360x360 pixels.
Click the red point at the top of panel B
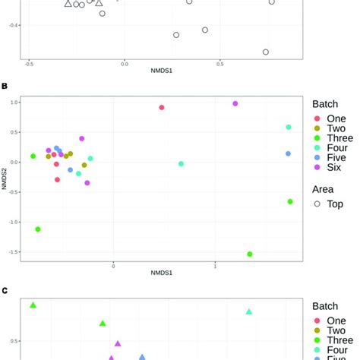pos(162,108)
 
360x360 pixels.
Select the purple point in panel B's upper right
pos(235,103)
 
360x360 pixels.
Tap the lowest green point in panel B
pos(250,254)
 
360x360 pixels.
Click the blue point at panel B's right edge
pos(289,154)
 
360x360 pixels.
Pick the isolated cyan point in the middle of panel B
pos(181,164)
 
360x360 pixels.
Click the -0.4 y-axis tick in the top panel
pos(14,26)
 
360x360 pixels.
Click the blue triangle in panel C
pos(142,356)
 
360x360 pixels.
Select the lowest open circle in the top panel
pos(266,52)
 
